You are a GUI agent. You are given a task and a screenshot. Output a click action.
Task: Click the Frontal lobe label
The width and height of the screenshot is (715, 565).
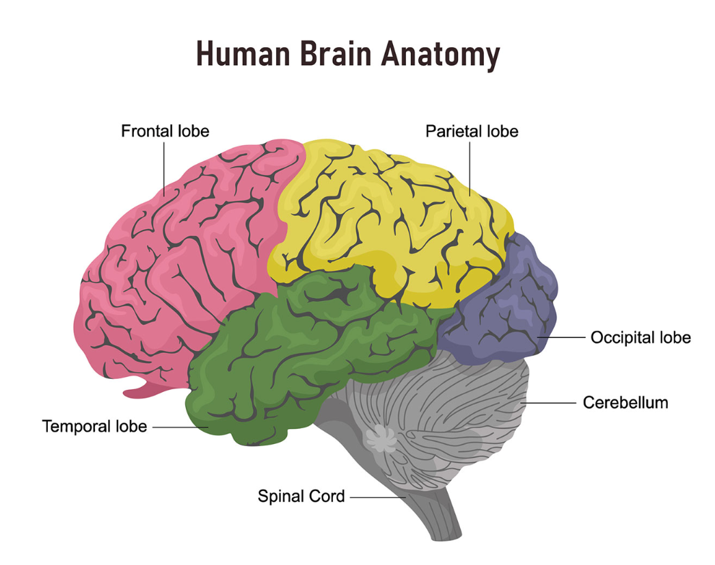[x=165, y=131]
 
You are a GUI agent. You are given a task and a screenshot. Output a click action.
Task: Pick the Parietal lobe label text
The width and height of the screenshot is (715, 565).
[x=472, y=131]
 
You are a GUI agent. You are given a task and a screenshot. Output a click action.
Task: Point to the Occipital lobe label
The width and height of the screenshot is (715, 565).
[x=640, y=337]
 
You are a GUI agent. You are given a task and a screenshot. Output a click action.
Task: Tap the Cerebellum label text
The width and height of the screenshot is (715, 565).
[x=625, y=402]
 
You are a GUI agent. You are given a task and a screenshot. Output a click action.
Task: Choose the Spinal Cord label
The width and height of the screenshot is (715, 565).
[x=301, y=496]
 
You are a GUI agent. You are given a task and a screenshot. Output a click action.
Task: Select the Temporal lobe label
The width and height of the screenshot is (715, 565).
[x=94, y=426]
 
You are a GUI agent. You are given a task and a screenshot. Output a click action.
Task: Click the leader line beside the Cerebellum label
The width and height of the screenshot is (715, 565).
[x=550, y=403]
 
